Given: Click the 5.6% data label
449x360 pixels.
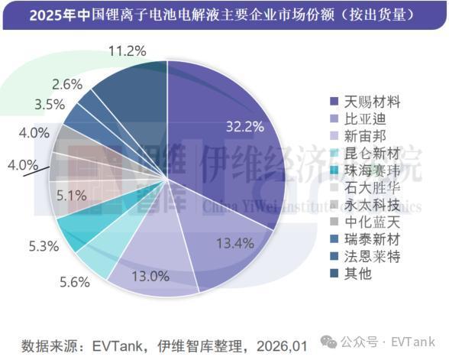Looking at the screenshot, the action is pyautogui.click(x=75, y=282).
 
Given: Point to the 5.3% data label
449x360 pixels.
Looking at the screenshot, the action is pyautogui.click(x=44, y=246).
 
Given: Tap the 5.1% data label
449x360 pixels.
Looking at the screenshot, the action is pyautogui.click(x=71, y=196).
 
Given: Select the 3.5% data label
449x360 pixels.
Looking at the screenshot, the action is pyautogui.click(x=50, y=105).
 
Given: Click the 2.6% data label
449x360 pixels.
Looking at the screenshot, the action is pyautogui.click(x=67, y=85).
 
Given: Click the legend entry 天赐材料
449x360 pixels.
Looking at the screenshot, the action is pyautogui.click(x=365, y=102).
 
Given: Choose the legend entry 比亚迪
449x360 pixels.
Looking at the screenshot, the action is pyautogui.click(x=358, y=119).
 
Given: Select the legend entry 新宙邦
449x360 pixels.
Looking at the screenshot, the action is pyautogui.click(x=358, y=136).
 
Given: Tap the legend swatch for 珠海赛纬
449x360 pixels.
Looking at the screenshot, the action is pyautogui.click(x=334, y=171).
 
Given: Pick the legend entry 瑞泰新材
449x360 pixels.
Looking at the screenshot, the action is pyautogui.click(x=365, y=239).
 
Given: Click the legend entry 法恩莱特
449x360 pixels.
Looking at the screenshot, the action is pyautogui.click(x=365, y=257).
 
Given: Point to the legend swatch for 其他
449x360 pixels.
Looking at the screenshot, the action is pyautogui.click(x=334, y=274).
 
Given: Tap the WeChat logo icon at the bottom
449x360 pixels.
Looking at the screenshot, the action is pyautogui.click(x=328, y=341).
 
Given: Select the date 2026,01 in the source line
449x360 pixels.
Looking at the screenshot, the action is pyautogui.click(x=282, y=346).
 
